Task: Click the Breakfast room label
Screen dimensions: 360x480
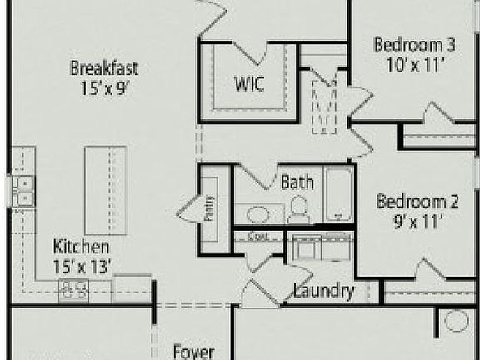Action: click(104, 68)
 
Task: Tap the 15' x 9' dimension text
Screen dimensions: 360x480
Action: click(104, 86)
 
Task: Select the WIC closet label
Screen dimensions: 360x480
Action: click(250, 85)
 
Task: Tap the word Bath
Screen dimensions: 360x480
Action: click(297, 182)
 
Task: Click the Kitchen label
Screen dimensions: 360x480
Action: click(82, 247)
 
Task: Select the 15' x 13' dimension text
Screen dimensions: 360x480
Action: click(82, 266)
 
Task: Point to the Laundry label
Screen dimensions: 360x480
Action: click(324, 292)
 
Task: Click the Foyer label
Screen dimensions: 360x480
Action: click(194, 351)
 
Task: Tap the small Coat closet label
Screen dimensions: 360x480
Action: click(260, 237)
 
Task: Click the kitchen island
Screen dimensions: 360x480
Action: click(106, 190)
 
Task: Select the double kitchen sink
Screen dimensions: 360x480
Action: click(22, 191)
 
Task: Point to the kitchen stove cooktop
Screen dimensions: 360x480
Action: click(73, 288)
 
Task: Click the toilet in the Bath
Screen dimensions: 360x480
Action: click(298, 210)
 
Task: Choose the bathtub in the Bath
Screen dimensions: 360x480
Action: click(337, 195)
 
